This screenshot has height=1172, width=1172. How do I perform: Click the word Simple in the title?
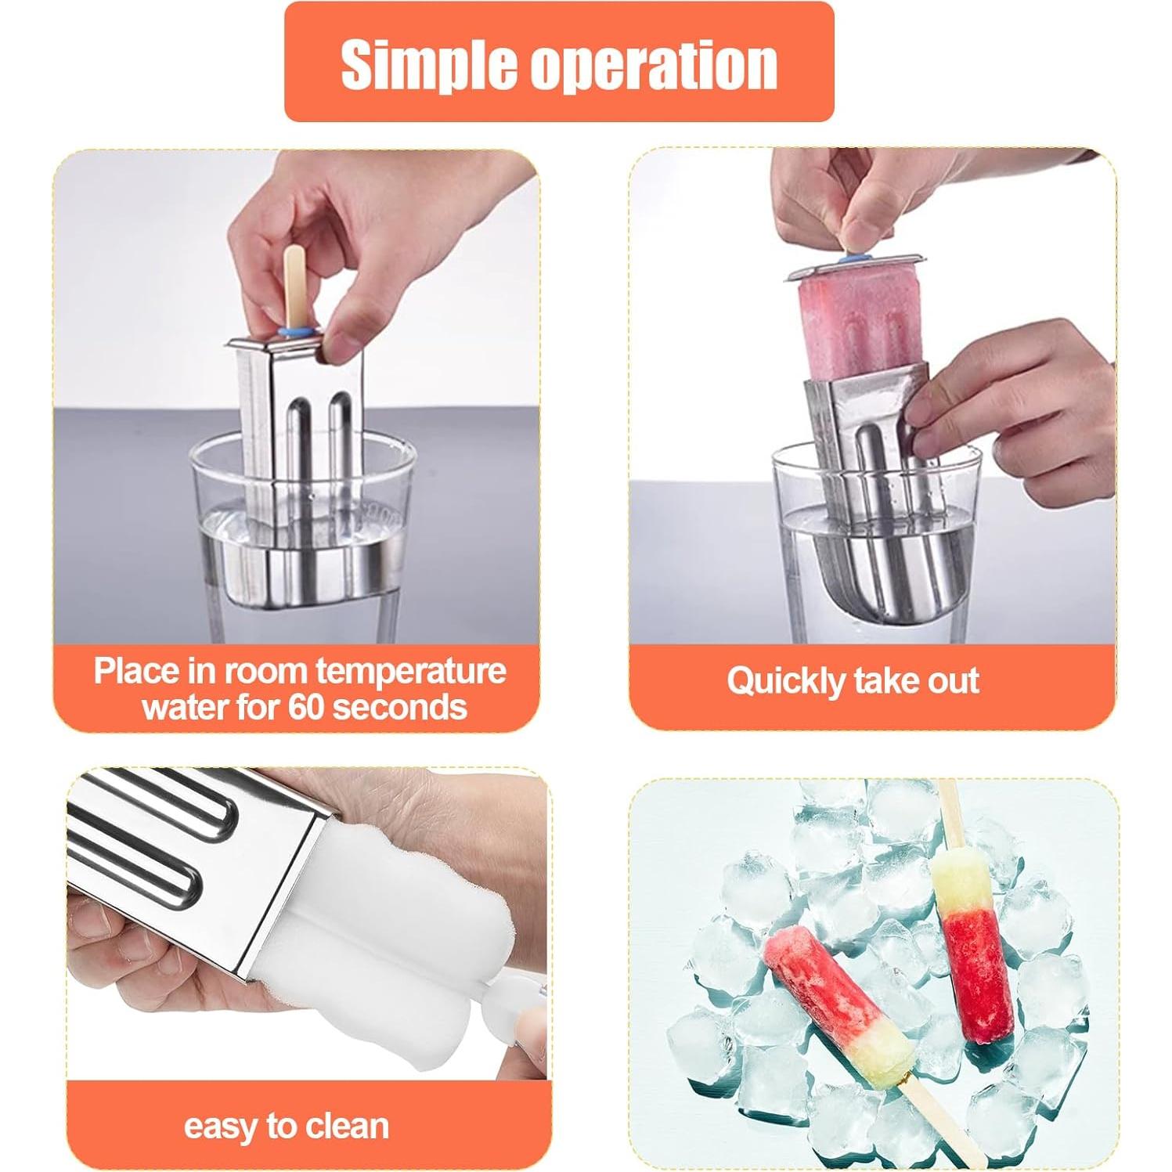pos(429,64)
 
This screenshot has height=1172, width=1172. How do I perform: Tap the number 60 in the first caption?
pos(306,708)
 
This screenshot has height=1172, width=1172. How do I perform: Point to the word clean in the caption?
pos(346,1126)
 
